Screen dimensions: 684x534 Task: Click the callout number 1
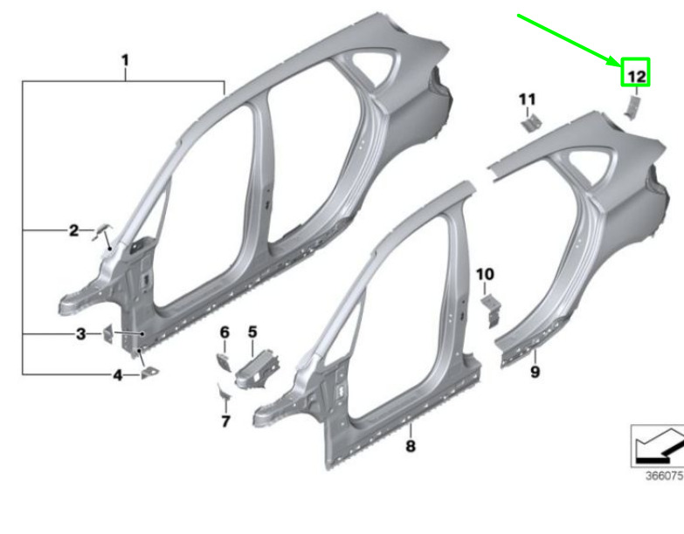pos(125,60)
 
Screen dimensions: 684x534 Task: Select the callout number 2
pos(74,230)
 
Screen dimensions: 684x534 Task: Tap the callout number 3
pos(81,334)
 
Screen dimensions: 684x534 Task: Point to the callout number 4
pos(118,375)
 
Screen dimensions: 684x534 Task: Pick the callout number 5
pos(252,332)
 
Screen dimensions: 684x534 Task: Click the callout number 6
pos(225,332)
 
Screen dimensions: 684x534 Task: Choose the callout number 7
pos(225,421)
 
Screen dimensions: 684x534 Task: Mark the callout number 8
pos(411,446)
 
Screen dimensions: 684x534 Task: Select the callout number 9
pos(535,372)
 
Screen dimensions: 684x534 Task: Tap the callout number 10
pos(485,274)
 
